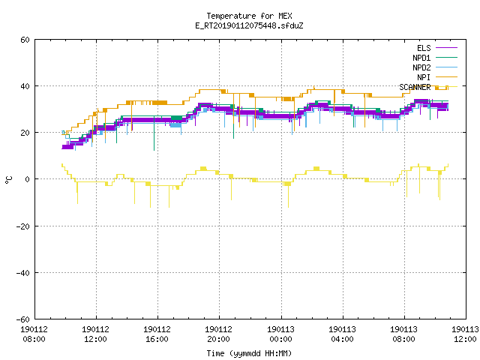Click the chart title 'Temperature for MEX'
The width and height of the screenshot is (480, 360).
(249, 16)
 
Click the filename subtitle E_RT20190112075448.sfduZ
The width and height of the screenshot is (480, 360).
(249, 25)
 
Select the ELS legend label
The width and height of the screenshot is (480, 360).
(424, 48)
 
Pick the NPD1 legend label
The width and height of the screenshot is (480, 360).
(421, 58)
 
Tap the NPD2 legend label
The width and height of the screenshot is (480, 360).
(421, 67)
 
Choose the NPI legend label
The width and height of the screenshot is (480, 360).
(424, 77)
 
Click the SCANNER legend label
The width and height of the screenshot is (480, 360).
(415, 87)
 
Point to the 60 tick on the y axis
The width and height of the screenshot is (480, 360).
(25, 40)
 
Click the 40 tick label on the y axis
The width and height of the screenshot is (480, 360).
(25, 86)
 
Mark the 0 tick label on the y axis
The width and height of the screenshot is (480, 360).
(28, 179)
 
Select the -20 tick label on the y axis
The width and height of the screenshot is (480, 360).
(23, 226)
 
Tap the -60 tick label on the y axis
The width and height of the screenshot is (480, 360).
(23, 319)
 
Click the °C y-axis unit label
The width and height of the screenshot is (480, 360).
(8, 180)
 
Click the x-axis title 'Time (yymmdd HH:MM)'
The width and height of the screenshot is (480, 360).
(249, 353)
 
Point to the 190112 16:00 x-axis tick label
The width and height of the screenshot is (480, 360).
(157, 334)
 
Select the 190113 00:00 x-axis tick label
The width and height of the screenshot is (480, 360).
(280, 334)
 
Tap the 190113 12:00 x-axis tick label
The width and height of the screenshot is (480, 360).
(465, 334)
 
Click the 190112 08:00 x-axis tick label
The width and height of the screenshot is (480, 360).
(34, 334)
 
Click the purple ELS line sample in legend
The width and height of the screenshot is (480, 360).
(446, 48)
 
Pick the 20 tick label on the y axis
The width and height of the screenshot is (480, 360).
(25, 133)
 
